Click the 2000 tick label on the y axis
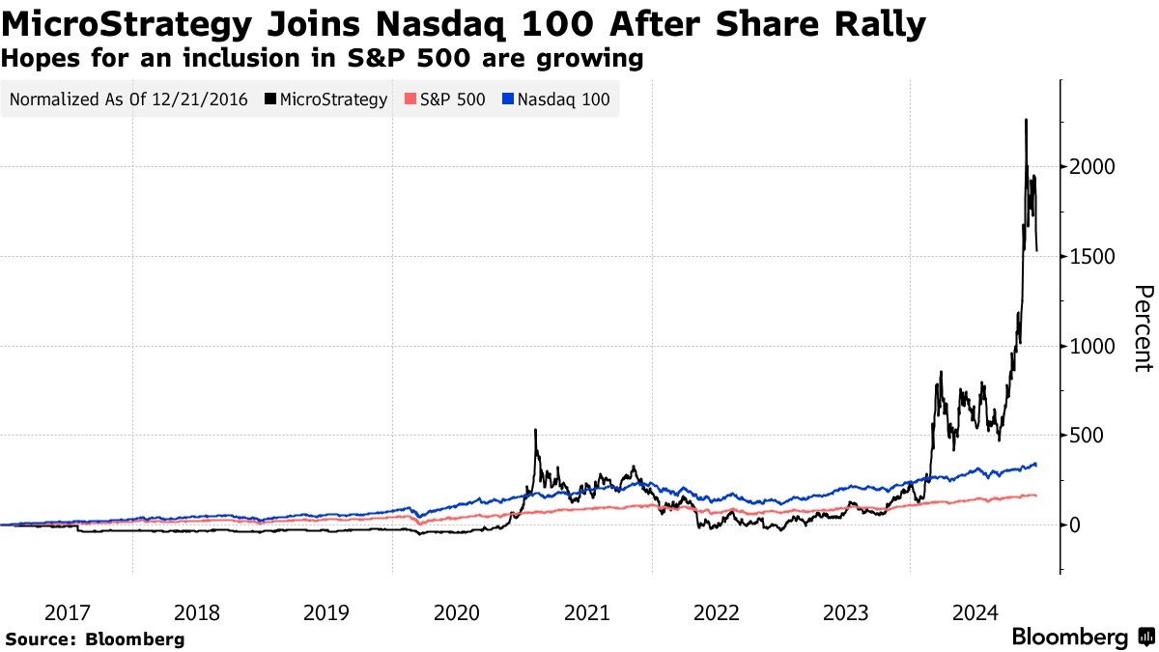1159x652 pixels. pos(1093,167)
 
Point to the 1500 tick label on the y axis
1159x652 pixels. pos(1093,257)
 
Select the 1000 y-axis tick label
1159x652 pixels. pos(1093,346)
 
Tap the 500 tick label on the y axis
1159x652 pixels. pos(1088,436)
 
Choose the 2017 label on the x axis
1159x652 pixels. pos(68,612)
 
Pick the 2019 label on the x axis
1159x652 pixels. pos(326,612)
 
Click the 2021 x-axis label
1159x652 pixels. pos(586,612)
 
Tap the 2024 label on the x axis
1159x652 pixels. pos(975,612)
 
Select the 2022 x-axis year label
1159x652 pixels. pos(716,612)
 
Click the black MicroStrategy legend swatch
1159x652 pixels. pos(269,99)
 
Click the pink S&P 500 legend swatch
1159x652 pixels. pos(410,99)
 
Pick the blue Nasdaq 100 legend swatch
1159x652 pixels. pos(509,99)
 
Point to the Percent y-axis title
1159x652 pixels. pos(1143,327)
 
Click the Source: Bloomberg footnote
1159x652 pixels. pos(95,638)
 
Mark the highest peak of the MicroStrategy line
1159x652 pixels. pos(1026,120)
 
